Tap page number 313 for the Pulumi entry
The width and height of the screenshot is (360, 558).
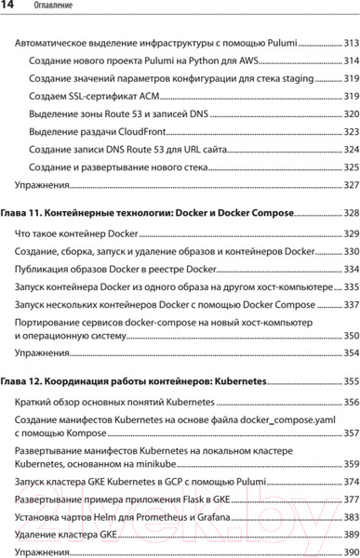[x=351, y=43]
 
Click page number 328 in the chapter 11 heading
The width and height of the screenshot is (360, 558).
[x=351, y=213]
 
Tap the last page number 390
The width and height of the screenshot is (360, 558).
[x=351, y=551]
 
